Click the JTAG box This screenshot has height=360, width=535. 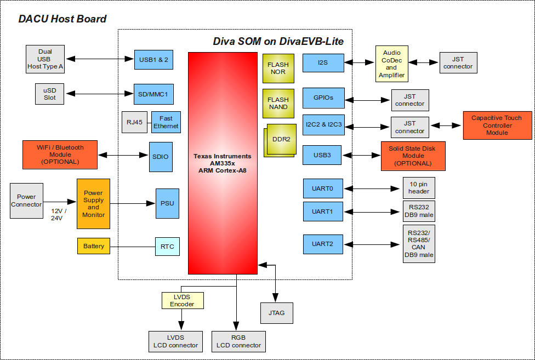tap(276, 313)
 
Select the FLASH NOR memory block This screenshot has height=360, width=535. tap(278, 68)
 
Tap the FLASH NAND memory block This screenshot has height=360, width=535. tap(278, 103)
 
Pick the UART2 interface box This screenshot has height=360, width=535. tap(323, 244)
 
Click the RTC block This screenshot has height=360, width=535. tap(167, 247)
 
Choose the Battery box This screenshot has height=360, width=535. tap(94, 246)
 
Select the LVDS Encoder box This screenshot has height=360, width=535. tap(182, 300)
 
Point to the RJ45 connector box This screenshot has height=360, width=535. tap(134, 122)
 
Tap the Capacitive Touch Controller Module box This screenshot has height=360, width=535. tap(497, 125)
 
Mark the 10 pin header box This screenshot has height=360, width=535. tap(419, 188)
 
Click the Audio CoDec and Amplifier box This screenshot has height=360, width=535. tap(391, 64)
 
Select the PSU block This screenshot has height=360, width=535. tap(167, 203)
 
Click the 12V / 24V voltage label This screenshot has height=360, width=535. tap(57, 214)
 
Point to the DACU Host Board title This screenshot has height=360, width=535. tap(62, 19)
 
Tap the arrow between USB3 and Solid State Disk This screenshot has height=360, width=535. tap(362, 156)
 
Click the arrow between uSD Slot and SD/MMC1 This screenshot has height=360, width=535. tap(100, 94)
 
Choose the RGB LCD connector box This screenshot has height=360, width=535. tap(238, 341)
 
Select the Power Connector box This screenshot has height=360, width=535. tap(26, 201)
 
